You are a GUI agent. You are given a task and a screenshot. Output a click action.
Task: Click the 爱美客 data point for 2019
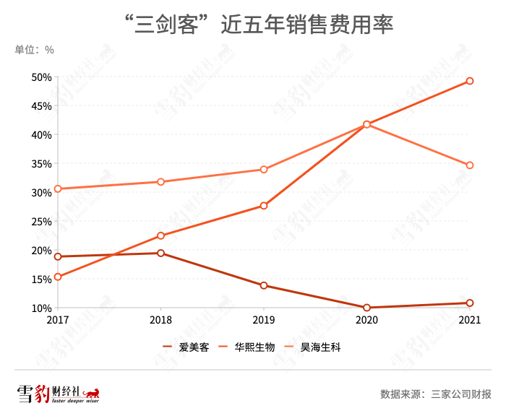[264, 285]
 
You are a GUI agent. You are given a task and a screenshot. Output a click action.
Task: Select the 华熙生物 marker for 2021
[470, 81]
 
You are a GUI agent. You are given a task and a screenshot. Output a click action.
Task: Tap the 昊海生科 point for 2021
[470, 165]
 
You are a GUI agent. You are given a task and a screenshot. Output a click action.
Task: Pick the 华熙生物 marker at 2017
[58, 277]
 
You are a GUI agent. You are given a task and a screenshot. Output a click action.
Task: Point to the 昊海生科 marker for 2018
[160, 182]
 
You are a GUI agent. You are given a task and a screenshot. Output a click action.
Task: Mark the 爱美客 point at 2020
[367, 308]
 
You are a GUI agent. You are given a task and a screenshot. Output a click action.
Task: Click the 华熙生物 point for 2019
[264, 206]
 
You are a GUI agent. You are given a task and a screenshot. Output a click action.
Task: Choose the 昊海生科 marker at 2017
[58, 188]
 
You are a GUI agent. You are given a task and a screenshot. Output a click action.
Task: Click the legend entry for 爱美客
[186, 347]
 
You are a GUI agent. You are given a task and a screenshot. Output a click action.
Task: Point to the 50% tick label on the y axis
[41, 77]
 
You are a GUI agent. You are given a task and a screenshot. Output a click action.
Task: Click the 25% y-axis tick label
[41, 222]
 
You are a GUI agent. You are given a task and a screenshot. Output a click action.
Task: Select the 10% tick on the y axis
[41, 308]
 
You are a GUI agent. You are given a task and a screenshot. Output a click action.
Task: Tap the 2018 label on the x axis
[160, 318]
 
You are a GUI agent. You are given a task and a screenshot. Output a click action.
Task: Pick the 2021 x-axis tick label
[470, 318]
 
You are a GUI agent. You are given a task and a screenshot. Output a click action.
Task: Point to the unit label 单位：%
[34, 50]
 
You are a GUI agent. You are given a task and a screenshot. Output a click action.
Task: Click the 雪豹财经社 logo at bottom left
[58, 394]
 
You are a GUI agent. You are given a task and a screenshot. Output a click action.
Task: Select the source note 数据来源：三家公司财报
[435, 394]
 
